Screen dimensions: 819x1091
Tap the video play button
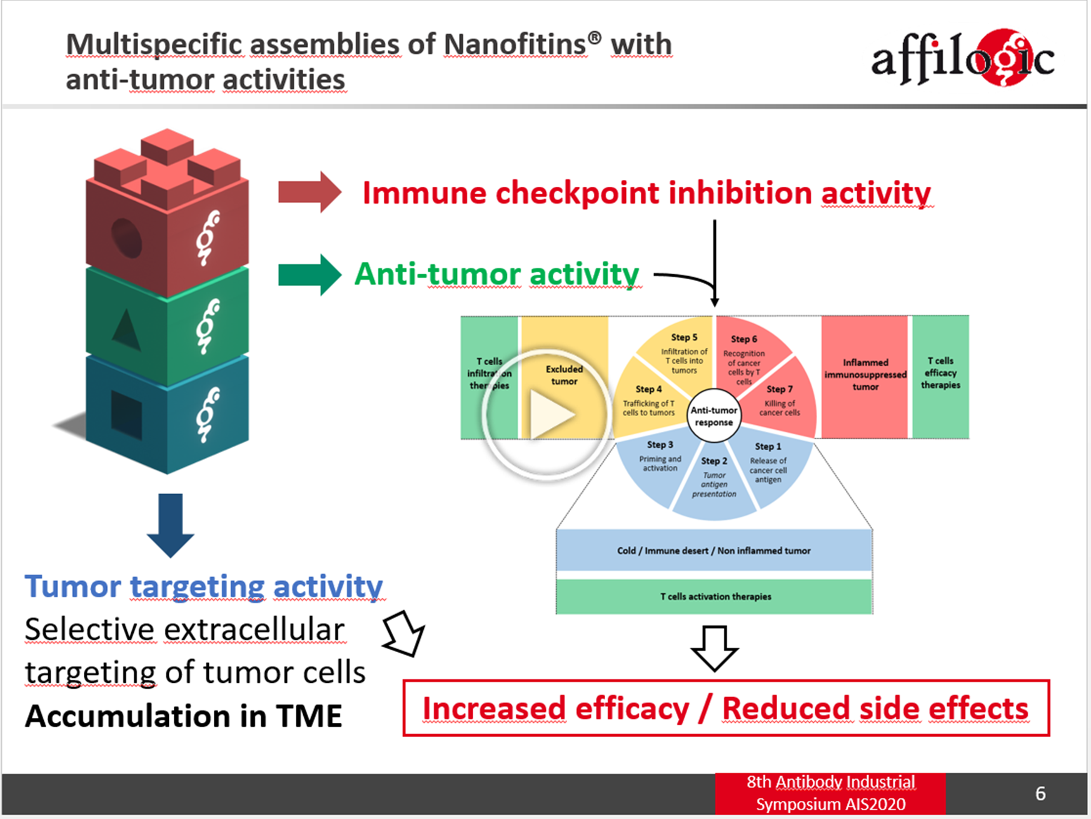(x=545, y=414)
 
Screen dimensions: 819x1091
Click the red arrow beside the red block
(x=309, y=192)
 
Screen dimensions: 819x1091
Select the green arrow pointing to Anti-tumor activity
(x=309, y=274)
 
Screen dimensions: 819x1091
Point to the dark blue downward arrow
(x=170, y=525)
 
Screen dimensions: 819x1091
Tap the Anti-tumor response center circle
(x=713, y=416)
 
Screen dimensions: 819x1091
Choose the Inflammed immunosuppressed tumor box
(x=865, y=375)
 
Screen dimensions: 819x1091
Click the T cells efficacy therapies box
(x=940, y=375)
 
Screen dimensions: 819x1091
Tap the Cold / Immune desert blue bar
(x=713, y=550)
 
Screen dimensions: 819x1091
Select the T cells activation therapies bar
(x=715, y=597)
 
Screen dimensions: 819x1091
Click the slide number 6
(x=1040, y=793)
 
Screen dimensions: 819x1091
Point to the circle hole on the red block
(x=126, y=237)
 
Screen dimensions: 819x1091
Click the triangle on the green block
(x=127, y=329)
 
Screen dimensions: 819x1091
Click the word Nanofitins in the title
(x=514, y=45)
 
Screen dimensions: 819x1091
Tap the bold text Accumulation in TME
(x=183, y=716)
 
